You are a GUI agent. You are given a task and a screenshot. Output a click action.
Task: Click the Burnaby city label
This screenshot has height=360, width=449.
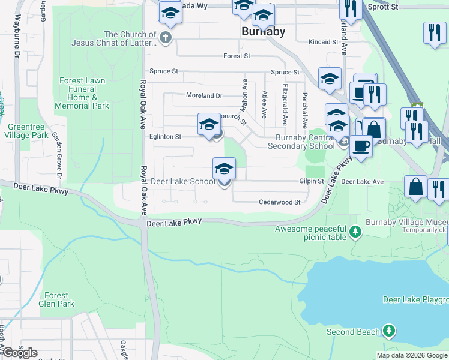point(263,31)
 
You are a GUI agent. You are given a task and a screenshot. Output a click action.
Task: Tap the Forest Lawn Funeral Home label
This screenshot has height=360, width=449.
point(82,93)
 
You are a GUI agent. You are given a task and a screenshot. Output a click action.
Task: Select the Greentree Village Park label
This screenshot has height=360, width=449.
point(28,131)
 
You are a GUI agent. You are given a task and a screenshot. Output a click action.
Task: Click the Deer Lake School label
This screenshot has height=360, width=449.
point(182,181)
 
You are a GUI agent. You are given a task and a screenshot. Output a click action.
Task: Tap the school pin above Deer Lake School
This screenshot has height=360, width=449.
point(224,169)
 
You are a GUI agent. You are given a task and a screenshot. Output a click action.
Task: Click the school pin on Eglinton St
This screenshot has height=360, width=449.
point(209,125)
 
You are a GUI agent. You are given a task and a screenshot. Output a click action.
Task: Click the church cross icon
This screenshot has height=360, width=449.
point(166,38)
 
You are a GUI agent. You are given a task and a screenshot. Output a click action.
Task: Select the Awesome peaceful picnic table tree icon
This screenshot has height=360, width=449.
point(356,231)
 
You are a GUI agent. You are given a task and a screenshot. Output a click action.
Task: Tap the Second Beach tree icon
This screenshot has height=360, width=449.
point(390,331)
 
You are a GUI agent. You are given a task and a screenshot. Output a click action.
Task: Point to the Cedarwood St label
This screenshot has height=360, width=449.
point(279,203)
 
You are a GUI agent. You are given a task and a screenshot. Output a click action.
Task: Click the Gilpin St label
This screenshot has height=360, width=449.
point(312,181)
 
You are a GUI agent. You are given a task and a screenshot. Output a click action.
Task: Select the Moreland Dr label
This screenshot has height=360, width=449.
point(204,95)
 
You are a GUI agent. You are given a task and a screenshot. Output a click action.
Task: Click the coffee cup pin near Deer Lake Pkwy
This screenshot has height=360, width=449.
point(361,146)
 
